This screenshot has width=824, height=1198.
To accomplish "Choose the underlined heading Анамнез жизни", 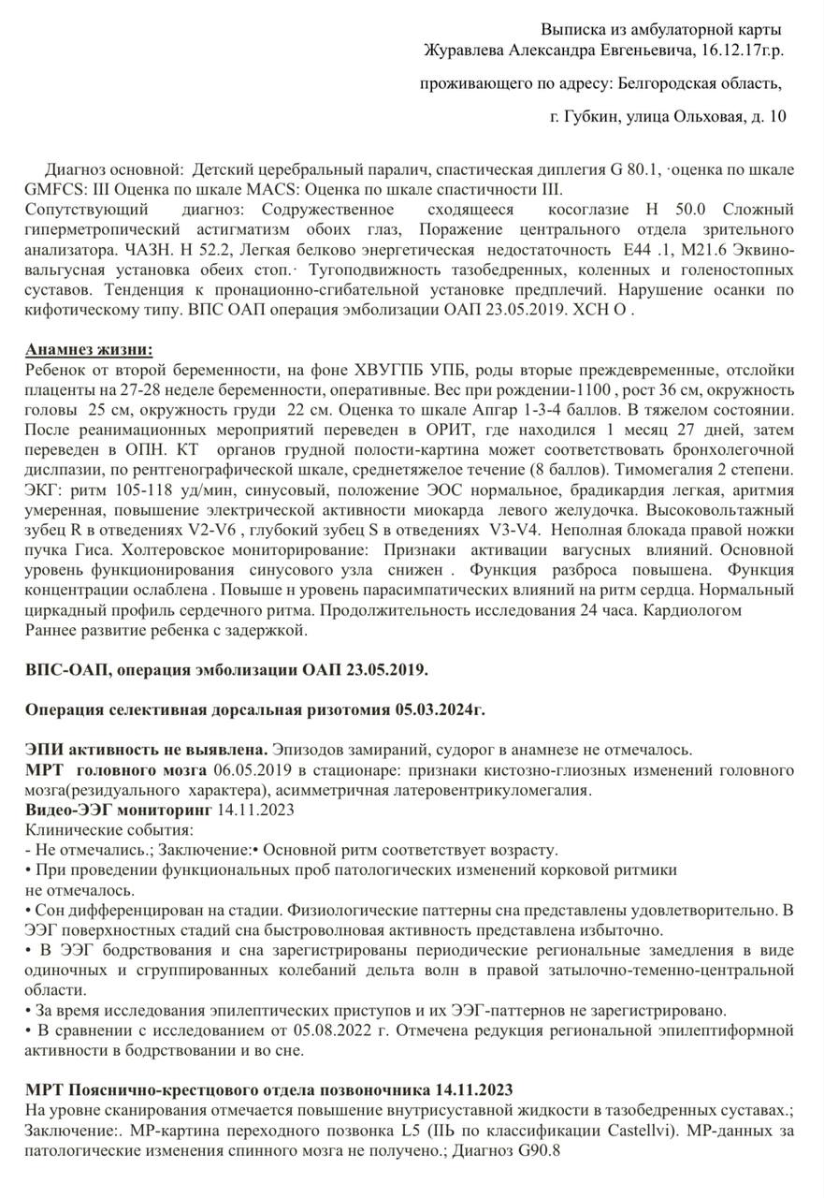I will click(89, 349).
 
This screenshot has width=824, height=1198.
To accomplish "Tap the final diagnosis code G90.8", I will click(542, 1150).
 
